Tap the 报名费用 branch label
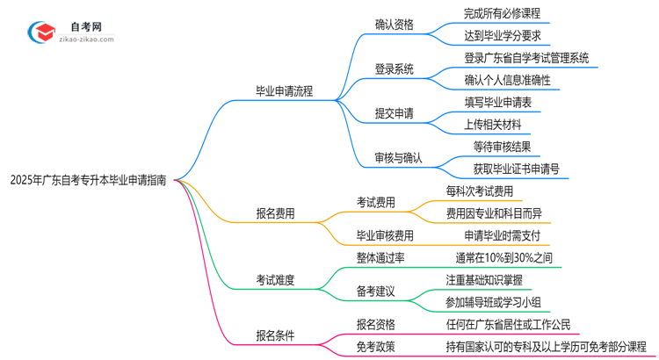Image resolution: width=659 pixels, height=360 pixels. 275,212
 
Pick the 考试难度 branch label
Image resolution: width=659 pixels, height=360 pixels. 275,280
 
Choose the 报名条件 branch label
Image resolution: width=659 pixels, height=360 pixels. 275,335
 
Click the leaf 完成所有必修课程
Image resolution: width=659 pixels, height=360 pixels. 502,13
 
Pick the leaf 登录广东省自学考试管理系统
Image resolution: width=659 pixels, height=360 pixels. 526,58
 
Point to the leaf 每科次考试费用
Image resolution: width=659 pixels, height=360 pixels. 479,191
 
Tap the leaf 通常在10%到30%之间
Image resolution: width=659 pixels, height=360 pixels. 503,258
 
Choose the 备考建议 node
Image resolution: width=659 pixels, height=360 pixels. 375,291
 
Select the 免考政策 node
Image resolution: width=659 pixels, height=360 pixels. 375,346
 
